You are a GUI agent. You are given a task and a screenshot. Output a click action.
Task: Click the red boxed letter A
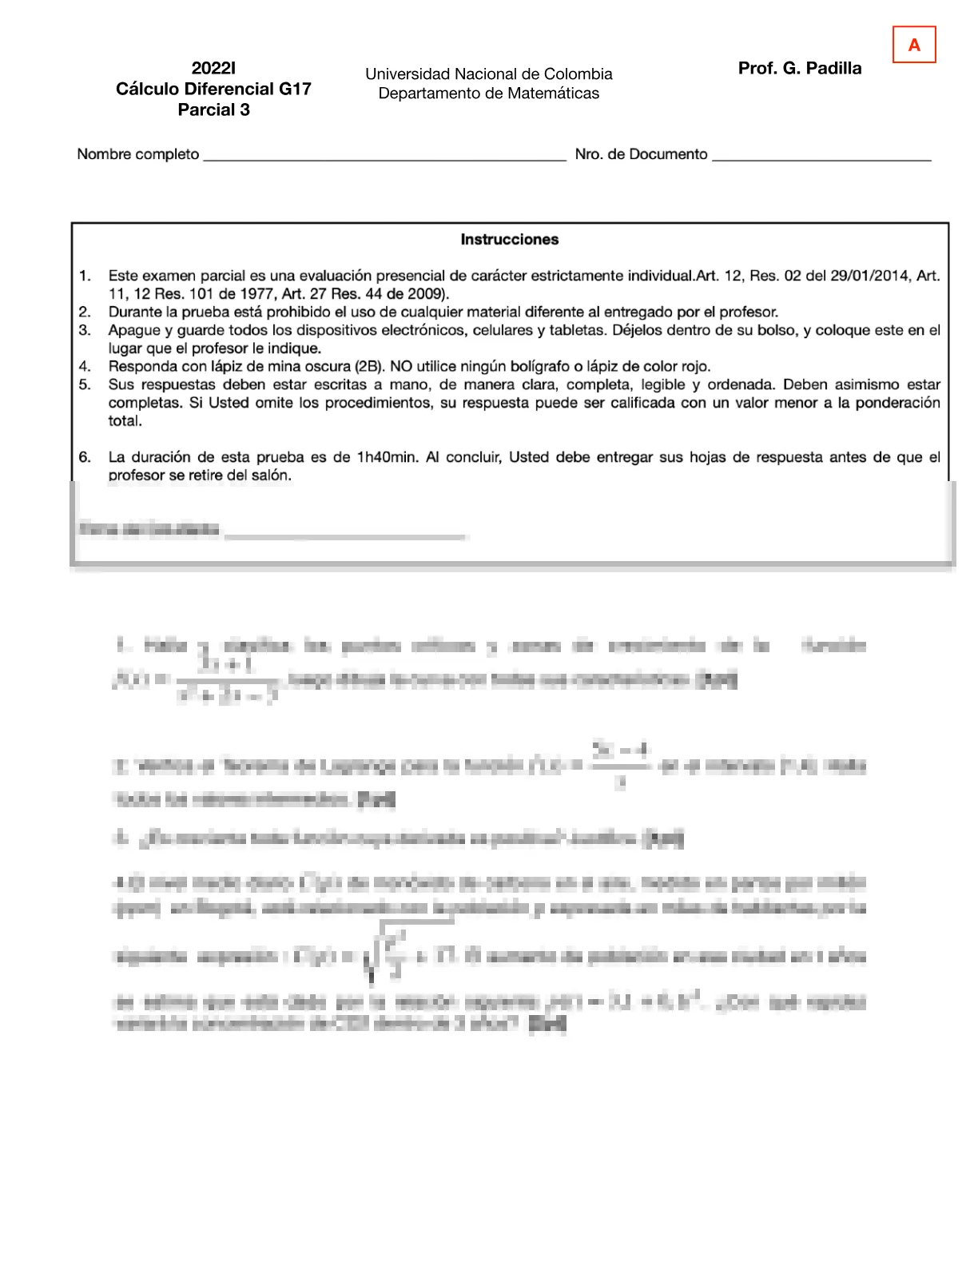tap(914, 45)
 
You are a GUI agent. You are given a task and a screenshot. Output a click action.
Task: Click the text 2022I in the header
tap(213, 68)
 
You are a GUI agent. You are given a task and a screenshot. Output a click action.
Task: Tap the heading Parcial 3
tap(213, 110)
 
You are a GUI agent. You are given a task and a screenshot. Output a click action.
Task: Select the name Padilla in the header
tap(833, 68)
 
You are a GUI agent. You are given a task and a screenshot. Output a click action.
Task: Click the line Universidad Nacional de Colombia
tap(488, 74)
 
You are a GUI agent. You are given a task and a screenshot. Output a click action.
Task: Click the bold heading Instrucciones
tap(510, 240)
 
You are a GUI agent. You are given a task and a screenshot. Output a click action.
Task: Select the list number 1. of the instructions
tap(85, 276)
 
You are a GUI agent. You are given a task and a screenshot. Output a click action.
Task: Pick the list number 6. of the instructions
tap(85, 457)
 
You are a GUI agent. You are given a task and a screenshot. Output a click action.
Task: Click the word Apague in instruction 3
tap(134, 330)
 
